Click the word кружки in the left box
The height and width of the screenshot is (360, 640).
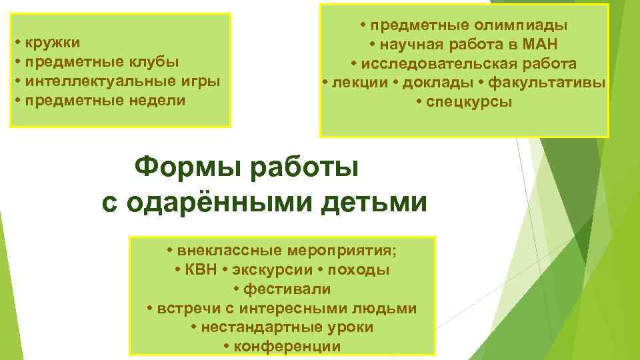tap(53, 43)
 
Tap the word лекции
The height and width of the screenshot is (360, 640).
tap(360, 83)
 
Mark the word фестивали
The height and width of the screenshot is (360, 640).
tap(287, 290)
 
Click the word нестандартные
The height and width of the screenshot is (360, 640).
tap(249, 328)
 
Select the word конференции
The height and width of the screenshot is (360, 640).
tap(287, 347)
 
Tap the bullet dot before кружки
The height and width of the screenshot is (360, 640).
tap(17, 43)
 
